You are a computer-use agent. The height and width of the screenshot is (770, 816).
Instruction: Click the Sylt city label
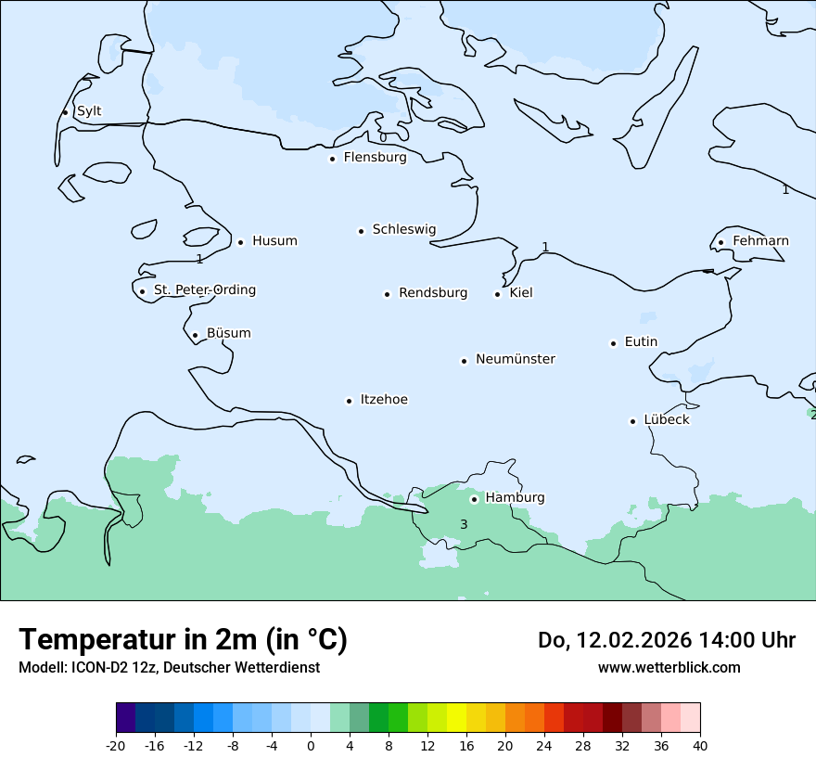click(x=89, y=111)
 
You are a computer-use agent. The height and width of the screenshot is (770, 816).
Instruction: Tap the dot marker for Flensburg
click(x=332, y=159)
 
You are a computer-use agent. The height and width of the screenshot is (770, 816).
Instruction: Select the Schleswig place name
click(x=403, y=229)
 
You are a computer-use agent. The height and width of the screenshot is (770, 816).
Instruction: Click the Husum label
click(x=274, y=241)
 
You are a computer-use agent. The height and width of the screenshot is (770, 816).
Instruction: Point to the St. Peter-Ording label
click(x=204, y=290)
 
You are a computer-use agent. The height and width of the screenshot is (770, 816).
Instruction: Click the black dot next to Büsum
click(x=195, y=335)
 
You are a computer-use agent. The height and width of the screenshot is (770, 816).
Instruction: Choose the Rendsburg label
click(x=433, y=293)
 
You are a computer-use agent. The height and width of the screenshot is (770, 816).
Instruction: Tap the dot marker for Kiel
click(x=497, y=294)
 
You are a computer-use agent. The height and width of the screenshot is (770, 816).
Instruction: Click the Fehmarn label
click(x=760, y=241)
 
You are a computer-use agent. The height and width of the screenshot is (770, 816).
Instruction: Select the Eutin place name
click(x=641, y=342)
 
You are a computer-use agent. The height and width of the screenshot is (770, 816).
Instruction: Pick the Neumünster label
click(x=516, y=359)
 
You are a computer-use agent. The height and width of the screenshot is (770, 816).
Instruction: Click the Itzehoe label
click(x=384, y=400)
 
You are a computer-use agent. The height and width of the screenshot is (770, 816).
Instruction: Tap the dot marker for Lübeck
click(x=633, y=421)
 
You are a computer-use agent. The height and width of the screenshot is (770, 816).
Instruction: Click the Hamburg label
click(x=515, y=498)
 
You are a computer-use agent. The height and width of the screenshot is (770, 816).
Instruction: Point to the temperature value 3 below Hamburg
click(x=464, y=525)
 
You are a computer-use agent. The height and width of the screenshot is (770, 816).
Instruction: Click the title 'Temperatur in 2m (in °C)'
click(x=183, y=640)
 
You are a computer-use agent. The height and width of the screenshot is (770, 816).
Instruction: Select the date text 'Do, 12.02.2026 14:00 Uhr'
click(x=666, y=640)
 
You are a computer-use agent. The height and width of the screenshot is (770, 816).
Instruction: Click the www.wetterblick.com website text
click(x=669, y=667)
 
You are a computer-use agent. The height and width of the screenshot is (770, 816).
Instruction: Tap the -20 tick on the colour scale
click(x=116, y=745)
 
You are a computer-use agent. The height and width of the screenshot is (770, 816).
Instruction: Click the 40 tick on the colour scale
click(x=700, y=745)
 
